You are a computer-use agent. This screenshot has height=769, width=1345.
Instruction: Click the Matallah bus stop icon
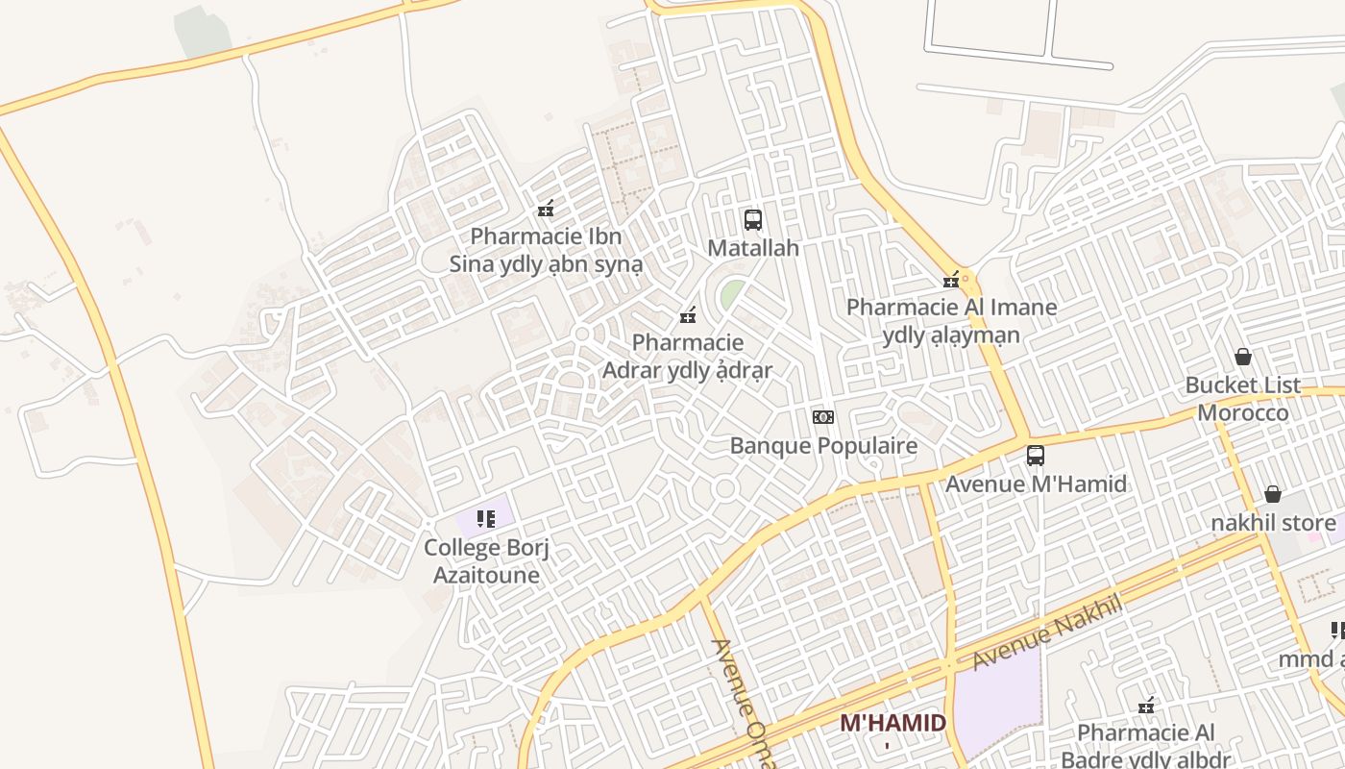click(x=753, y=219)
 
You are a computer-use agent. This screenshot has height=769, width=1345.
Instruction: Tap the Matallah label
click(x=753, y=248)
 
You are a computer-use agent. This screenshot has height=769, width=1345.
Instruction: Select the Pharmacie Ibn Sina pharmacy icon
click(x=546, y=208)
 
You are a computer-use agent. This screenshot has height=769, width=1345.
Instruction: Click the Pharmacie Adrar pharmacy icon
click(x=688, y=314)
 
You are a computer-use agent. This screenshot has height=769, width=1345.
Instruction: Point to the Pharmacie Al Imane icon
click(x=951, y=281)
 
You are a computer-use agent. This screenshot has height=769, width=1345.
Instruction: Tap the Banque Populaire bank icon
click(x=822, y=417)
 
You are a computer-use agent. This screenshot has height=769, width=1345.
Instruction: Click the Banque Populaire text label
click(x=823, y=446)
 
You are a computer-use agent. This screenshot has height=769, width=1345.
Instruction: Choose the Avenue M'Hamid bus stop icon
click(x=1036, y=456)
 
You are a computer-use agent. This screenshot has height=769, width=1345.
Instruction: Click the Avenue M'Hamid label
click(x=1036, y=484)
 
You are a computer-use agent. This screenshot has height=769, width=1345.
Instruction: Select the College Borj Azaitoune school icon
click(x=486, y=520)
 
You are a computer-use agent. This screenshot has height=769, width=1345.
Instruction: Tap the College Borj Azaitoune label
click(x=486, y=561)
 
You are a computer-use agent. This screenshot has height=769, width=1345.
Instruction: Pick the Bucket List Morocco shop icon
click(x=1243, y=357)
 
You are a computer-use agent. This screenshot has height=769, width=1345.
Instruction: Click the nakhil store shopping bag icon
click(x=1273, y=494)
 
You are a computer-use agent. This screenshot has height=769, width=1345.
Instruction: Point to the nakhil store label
click(x=1273, y=523)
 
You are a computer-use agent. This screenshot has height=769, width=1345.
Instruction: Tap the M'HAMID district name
click(x=893, y=723)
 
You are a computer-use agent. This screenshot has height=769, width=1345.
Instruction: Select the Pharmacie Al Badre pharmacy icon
click(x=1146, y=706)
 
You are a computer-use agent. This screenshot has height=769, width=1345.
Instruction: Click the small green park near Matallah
click(x=732, y=293)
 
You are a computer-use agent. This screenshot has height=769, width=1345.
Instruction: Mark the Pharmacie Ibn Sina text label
click(x=546, y=250)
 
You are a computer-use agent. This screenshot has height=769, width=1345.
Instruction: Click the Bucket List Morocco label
click(x=1243, y=399)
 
